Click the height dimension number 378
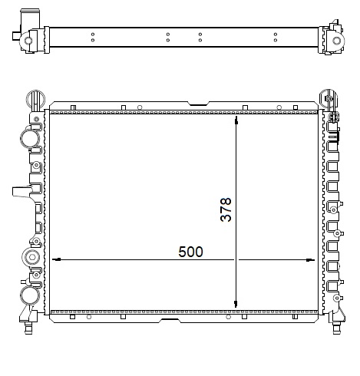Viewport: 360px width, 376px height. click(x=226, y=209)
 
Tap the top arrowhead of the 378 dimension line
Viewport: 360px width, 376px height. click(x=236, y=122)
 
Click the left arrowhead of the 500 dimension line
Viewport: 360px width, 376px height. click(x=55, y=259)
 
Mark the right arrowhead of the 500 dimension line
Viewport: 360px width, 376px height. click(x=310, y=259)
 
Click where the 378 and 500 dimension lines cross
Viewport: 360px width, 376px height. click(x=236, y=259)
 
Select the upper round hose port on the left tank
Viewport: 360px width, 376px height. click(x=29, y=139)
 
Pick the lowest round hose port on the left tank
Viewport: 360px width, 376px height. click(x=29, y=295)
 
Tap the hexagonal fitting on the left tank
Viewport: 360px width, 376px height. click(x=32, y=257)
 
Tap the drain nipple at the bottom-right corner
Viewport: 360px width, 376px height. click(x=335, y=329)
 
